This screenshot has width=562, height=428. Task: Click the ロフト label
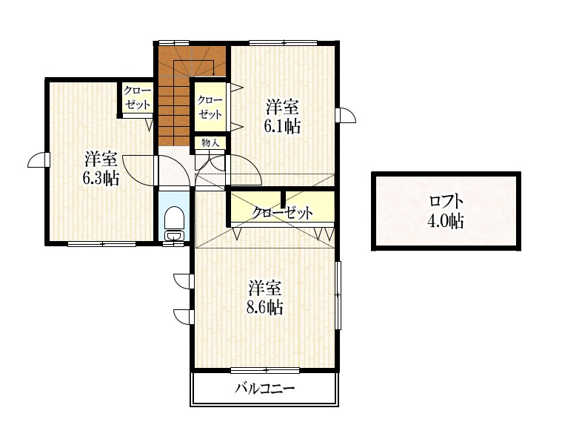tap(446, 201)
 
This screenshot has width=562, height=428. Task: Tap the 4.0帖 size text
tap(446, 220)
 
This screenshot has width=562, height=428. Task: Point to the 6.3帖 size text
tap(100, 178)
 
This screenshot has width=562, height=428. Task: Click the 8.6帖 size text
tap(264, 307)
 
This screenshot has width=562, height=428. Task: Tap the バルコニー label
tap(265, 388)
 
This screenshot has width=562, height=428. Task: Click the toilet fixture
tap(174, 222)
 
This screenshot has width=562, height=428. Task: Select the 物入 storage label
tap(210, 142)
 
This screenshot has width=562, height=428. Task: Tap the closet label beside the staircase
tap(210, 108)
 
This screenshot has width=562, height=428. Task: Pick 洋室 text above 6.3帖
tap(100, 159)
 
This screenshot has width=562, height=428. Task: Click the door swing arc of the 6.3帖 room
tap(136, 171)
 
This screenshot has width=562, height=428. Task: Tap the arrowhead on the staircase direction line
tap(214, 73)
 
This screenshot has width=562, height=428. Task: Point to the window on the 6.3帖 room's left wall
tap(39, 161)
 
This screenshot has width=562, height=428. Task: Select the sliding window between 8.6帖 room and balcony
tap(265, 369)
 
